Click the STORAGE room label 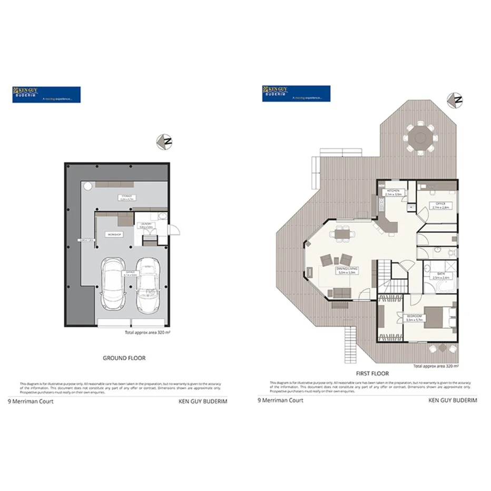[x=125, y=197]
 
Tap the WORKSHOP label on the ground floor [x=115, y=234]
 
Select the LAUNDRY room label [x=145, y=225]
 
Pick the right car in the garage [x=148, y=284]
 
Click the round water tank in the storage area [x=87, y=185]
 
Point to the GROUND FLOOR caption [x=124, y=358]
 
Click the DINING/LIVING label [x=347, y=270]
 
